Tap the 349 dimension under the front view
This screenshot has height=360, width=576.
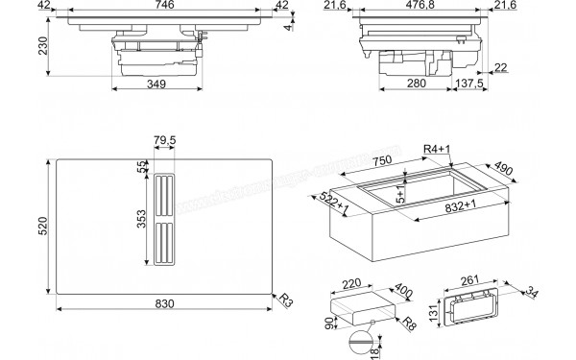click(157, 85)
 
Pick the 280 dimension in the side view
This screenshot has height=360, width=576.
click(415, 85)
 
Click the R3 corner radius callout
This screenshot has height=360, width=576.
click(284, 300)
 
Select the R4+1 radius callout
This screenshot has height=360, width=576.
click(435, 149)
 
